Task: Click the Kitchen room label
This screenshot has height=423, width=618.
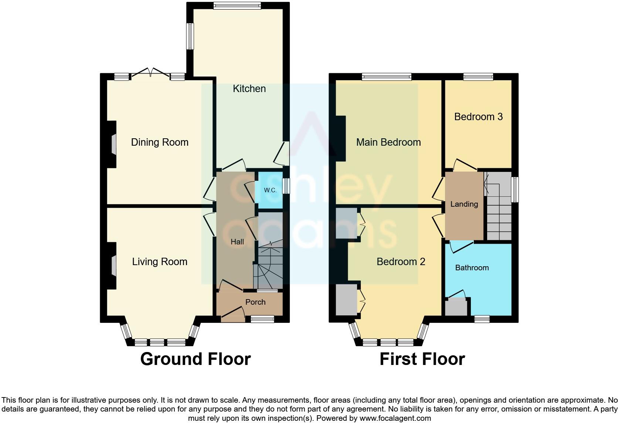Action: pyautogui.click(x=249, y=89)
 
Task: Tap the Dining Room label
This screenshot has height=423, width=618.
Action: pyautogui.click(x=160, y=142)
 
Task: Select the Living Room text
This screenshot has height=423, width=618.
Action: pyautogui.click(x=160, y=262)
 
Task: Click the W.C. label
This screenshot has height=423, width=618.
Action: pyautogui.click(x=270, y=190)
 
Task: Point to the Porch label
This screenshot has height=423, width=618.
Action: pyautogui.click(x=255, y=302)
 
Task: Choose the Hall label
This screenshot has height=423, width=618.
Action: pyautogui.click(x=237, y=242)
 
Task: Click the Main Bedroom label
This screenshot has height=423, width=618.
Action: pyautogui.click(x=388, y=142)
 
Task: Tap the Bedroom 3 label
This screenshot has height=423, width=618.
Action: pyautogui.click(x=478, y=117)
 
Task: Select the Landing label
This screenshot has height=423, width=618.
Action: pyautogui.click(x=464, y=204)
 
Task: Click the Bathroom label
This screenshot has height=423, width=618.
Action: pyautogui.click(x=472, y=268)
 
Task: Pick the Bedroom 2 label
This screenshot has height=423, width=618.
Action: pyautogui.click(x=401, y=262)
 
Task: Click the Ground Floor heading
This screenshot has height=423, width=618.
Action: pyautogui.click(x=196, y=359)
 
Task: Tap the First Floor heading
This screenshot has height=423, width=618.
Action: pyautogui.click(x=422, y=359)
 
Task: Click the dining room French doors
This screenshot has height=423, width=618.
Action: pyautogui.click(x=150, y=74)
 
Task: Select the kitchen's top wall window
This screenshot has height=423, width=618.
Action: pyautogui.click(x=237, y=6)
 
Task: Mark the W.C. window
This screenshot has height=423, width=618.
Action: pyautogui.click(x=286, y=186)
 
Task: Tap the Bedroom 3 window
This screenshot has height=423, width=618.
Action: pyautogui.click(x=478, y=77)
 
